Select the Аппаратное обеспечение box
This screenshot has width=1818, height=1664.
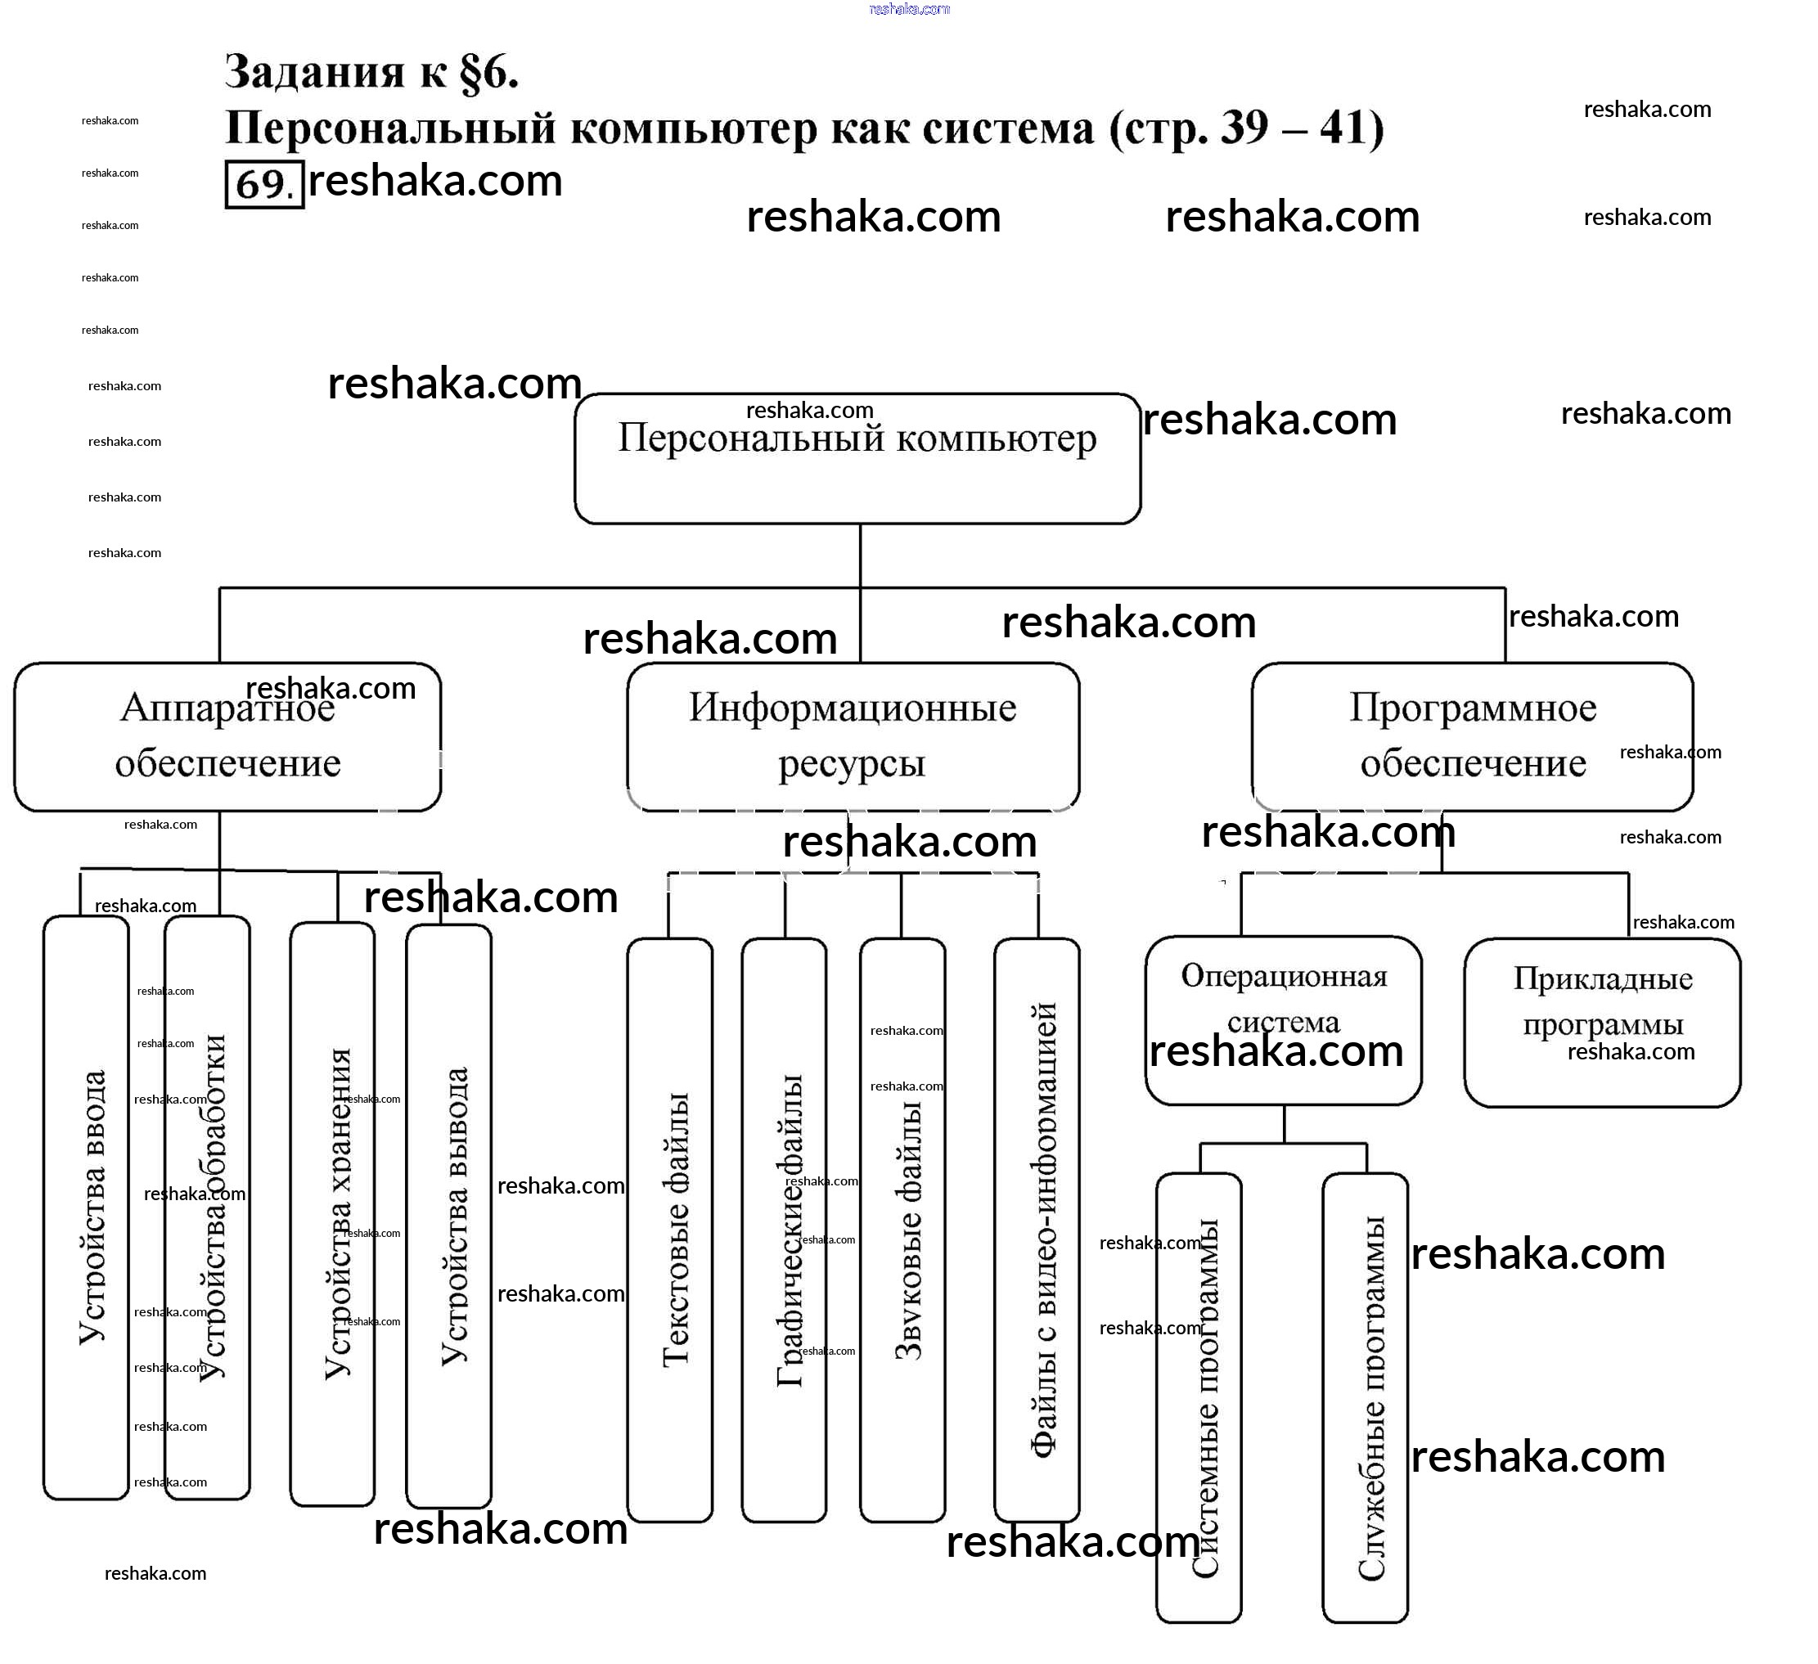coord(227,736)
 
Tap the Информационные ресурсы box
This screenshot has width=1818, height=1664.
coord(853,736)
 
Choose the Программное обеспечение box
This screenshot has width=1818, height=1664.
coord(1472,736)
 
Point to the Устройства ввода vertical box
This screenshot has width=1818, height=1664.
coord(87,1208)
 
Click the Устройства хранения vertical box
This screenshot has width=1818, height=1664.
coord(332,1214)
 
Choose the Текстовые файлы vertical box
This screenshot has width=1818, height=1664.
coord(670,1230)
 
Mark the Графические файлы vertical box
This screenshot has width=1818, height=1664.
coord(784,1230)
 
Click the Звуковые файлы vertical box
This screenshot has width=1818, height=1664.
coord(902,1230)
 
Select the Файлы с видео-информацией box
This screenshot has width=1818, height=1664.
coord(1037,1230)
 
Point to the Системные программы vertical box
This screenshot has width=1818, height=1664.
coord(1199,1398)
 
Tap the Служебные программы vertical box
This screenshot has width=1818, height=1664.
coord(1366,1398)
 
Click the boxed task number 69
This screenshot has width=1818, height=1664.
coord(263,184)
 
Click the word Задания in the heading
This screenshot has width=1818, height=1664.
coord(314,72)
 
